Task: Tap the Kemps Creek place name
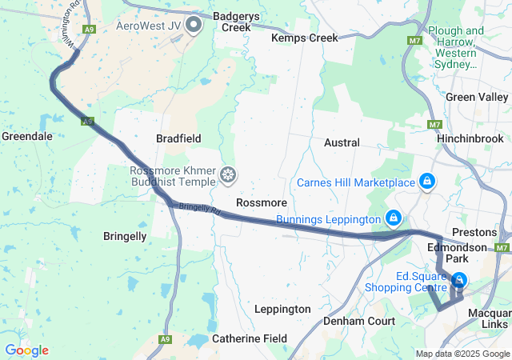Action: coord(304,38)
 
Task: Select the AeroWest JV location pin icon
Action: coord(194,25)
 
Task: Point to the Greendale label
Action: coord(26,136)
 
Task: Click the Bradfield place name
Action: coord(178,138)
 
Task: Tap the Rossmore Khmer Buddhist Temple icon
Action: coord(229,174)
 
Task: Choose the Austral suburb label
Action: coord(342,142)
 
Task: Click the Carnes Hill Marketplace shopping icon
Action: coord(428,182)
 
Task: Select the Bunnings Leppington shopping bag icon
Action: coord(393,218)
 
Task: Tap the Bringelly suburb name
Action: coord(125,236)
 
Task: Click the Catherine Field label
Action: coord(250,338)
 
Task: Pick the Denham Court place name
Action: coord(359,321)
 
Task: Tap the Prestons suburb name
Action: coord(474,232)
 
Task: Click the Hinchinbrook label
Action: coord(470,138)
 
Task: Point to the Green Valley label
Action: coord(476,97)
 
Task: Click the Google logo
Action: coord(26,350)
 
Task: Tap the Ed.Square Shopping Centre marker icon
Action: coord(460,280)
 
